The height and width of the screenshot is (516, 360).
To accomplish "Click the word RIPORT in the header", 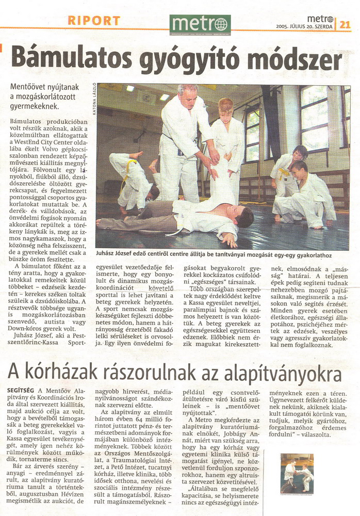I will pyautogui.click(x=94, y=21).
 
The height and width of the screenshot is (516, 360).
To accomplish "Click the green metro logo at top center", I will pyautogui.click(x=200, y=24).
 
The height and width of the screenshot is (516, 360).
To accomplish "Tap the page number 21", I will pyautogui.click(x=345, y=24).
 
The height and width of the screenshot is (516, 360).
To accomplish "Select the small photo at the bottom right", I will pyautogui.click(x=297, y=473).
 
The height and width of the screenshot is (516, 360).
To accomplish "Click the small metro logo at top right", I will pyautogui.click(x=320, y=19).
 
